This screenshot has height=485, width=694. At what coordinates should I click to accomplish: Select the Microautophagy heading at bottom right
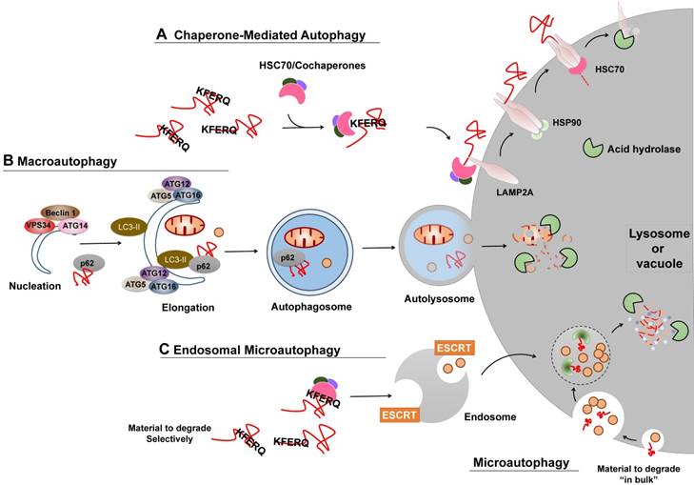[525, 463]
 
